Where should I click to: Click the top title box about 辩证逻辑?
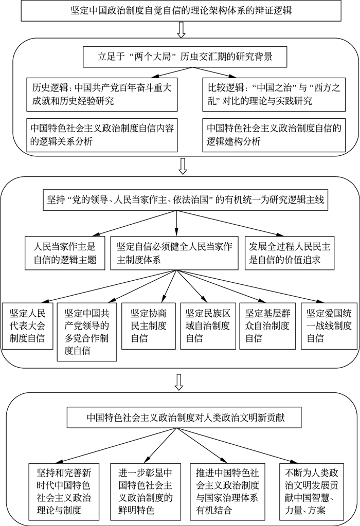point(180,10)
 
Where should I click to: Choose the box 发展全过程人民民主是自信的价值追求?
point(288,252)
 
